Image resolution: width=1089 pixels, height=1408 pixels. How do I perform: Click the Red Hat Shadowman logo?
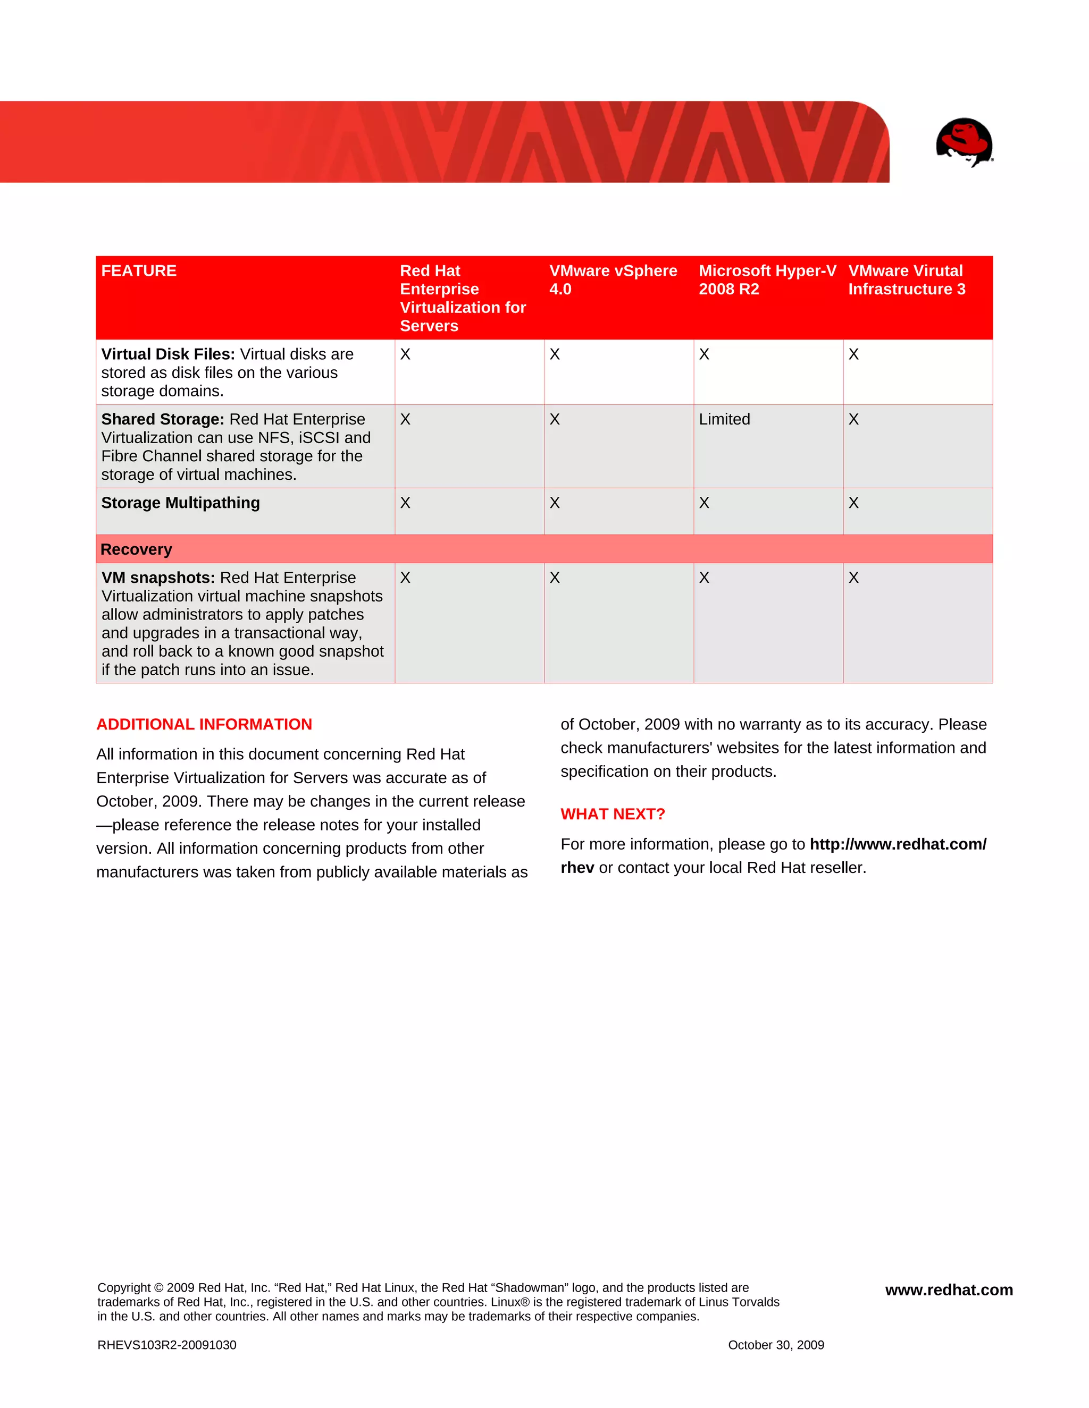(964, 141)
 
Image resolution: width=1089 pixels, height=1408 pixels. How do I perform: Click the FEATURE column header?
(139, 271)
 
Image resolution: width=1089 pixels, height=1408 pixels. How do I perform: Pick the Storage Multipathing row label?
(180, 503)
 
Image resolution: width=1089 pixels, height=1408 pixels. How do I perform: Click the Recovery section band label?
(136, 549)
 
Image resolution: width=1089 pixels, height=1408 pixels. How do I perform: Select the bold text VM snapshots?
(158, 578)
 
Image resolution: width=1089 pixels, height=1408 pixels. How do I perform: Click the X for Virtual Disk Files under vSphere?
(554, 354)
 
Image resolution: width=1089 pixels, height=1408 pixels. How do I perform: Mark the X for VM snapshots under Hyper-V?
(704, 578)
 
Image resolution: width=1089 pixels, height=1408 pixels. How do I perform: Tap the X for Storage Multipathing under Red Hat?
(405, 503)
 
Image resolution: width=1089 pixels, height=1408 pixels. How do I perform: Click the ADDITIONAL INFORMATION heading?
(204, 724)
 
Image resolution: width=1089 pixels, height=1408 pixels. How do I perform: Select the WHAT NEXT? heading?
(612, 813)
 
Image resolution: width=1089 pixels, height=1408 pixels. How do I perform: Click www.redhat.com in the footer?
(949, 1290)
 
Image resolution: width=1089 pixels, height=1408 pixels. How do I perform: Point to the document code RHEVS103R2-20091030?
(166, 1345)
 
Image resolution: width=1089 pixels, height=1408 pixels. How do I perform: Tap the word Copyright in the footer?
(124, 1287)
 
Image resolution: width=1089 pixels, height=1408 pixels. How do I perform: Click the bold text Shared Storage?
(163, 419)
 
